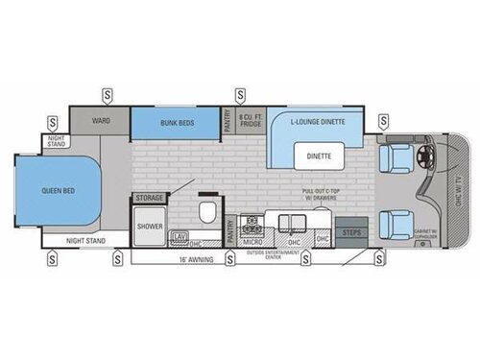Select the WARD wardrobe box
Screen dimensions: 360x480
100,122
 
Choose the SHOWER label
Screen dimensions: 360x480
149,227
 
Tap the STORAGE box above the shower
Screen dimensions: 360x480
150,198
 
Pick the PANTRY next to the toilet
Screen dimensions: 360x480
231,229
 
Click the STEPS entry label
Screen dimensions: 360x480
351,232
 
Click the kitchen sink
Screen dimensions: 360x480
288,222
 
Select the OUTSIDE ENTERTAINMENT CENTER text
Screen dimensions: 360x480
288,255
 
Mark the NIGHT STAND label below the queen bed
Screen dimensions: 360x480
86,241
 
